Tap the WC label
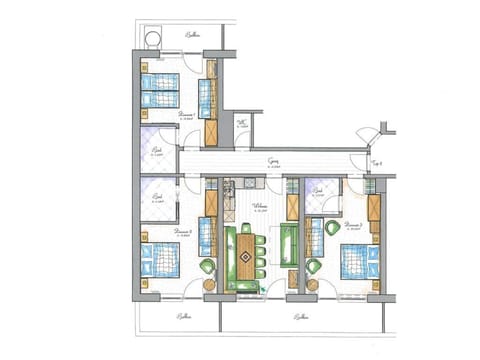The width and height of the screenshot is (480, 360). coord(242,125)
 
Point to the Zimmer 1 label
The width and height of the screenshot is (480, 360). coord(185,115)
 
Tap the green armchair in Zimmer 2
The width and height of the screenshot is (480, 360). coord(208,267)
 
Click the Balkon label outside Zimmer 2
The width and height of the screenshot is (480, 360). coord(183,316)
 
